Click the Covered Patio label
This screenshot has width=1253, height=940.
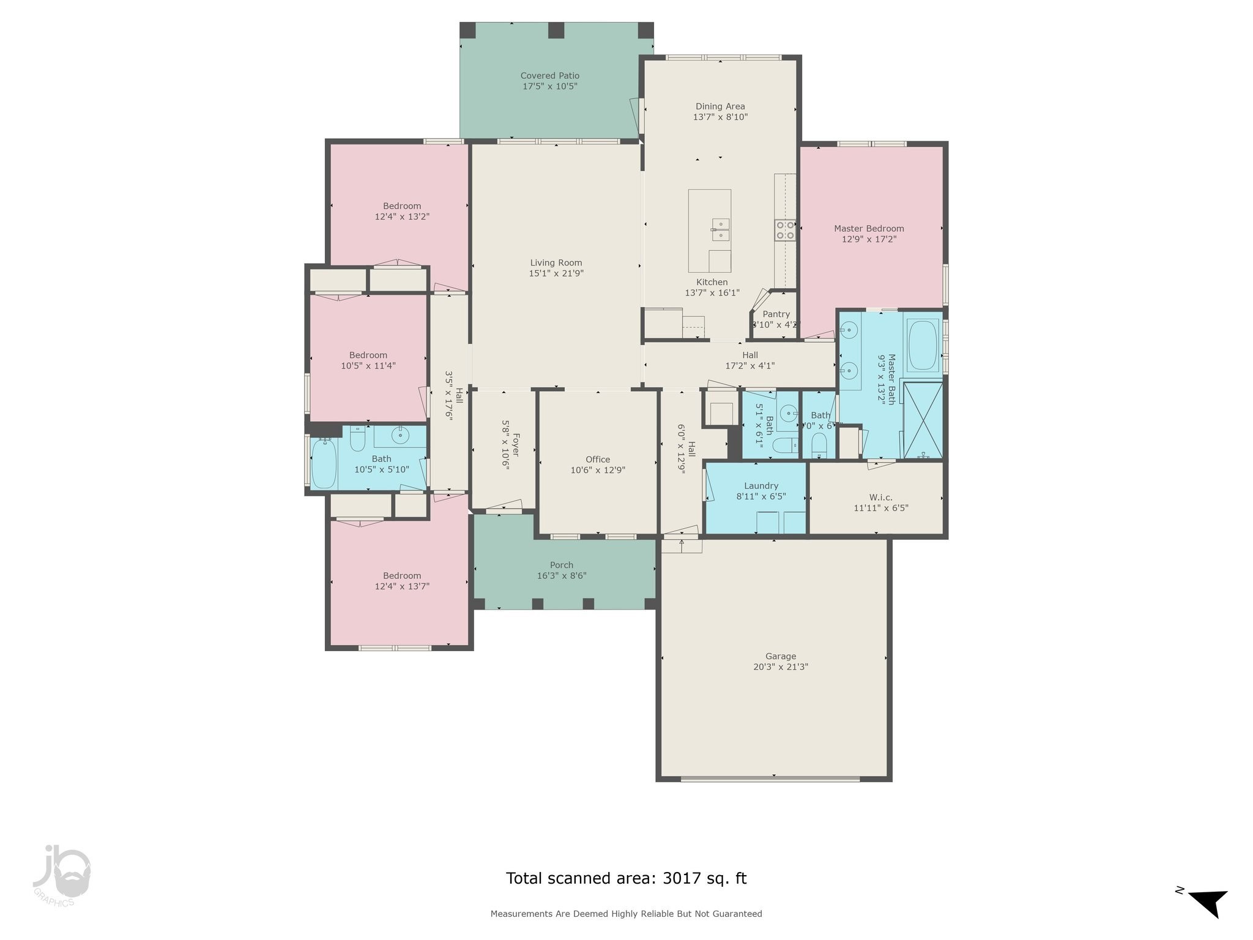click(549, 76)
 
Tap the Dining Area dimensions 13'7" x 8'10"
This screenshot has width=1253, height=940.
click(720, 117)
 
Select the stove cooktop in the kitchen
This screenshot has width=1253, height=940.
click(785, 230)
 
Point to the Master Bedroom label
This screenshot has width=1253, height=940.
click(869, 228)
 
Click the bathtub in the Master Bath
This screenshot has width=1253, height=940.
click(923, 345)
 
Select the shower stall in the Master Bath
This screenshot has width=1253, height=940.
click(923, 420)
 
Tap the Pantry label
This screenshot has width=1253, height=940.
click(776, 314)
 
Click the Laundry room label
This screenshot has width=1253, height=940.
click(761, 486)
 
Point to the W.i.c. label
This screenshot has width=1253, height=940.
click(880, 497)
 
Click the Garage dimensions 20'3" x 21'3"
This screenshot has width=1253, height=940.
click(780, 667)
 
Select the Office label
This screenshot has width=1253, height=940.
click(597, 460)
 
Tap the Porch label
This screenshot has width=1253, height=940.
click(561, 565)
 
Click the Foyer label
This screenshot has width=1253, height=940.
click(516, 445)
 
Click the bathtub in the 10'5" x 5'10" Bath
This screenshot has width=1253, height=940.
click(324, 464)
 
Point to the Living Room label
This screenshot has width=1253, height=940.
click(556, 263)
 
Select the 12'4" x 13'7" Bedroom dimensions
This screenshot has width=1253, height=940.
click(402, 586)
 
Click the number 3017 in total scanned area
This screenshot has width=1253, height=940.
click(680, 878)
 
